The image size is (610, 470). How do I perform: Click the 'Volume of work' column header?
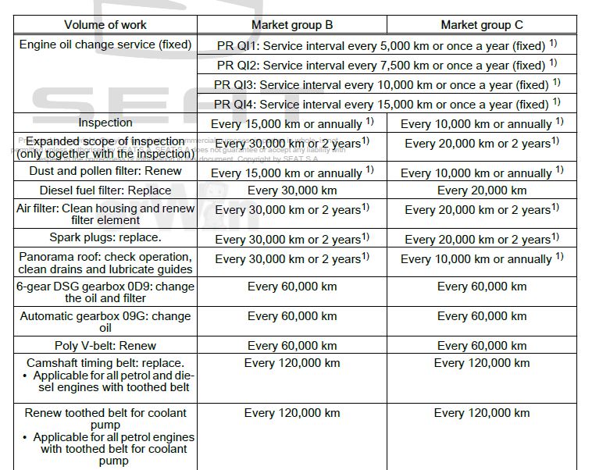(x=105, y=25)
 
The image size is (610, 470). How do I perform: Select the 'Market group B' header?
(x=292, y=25)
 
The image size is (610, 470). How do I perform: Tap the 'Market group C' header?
(x=481, y=25)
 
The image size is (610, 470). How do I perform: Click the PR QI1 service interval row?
(x=387, y=45)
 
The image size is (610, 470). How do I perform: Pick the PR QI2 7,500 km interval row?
(x=387, y=65)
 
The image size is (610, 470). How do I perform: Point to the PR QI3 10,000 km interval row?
(x=387, y=84)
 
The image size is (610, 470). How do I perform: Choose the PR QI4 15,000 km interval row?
(x=387, y=104)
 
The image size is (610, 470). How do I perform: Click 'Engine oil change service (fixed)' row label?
(x=105, y=45)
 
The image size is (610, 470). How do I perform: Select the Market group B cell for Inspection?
(x=292, y=123)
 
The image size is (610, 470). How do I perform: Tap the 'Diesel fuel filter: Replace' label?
(x=105, y=190)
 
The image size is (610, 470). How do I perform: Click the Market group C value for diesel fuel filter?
(x=481, y=190)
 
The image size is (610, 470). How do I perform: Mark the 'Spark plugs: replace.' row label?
(x=105, y=238)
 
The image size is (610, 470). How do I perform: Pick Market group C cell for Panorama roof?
(x=481, y=258)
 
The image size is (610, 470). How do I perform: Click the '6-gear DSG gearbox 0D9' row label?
(x=105, y=292)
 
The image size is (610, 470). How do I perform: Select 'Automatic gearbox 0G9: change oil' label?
(x=105, y=322)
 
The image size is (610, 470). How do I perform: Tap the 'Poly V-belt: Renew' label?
(x=105, y=346)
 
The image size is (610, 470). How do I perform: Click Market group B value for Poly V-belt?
(x=292, y=346)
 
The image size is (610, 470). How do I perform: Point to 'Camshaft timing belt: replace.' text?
(x=105, y=363)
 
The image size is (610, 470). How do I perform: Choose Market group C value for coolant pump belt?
(x=481, y=413)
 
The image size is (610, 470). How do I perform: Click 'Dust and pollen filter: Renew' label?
(x=105, y=171)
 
